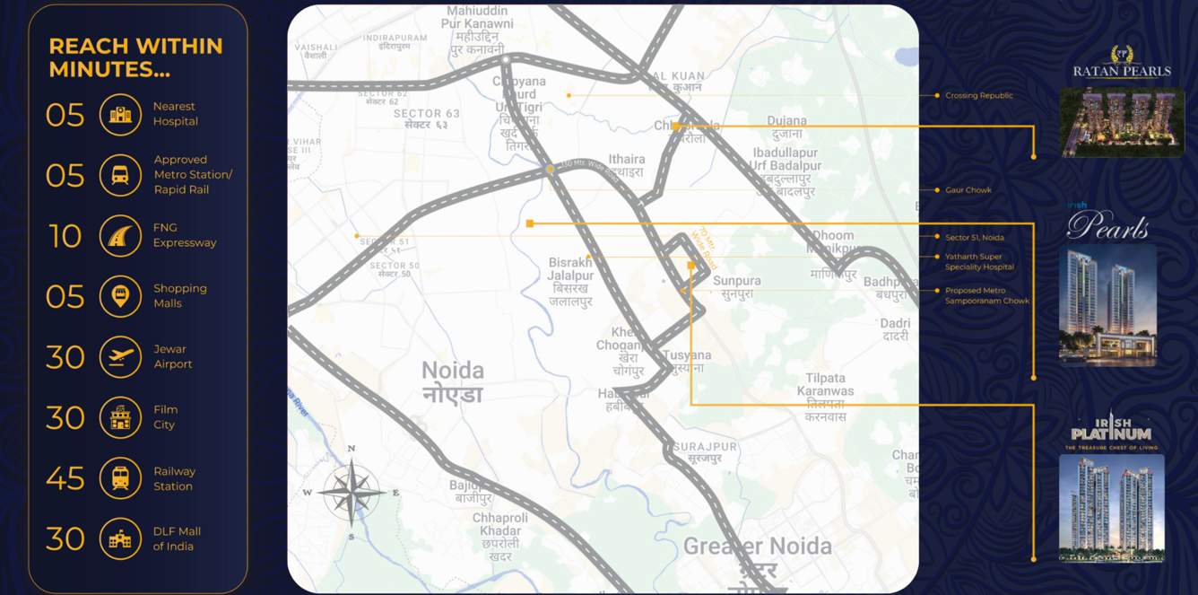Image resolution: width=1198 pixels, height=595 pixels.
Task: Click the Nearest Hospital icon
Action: click(120, 115)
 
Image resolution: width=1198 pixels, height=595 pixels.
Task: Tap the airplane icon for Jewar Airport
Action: click(120, 357)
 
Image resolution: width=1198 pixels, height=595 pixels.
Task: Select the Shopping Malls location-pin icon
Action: click(120, 296)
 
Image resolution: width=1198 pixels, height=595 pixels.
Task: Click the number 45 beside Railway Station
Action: click(65, 478)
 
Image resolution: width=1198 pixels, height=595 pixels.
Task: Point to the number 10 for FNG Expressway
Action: click(65, 236)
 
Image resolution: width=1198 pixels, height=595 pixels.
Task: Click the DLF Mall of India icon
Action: click(120, 538)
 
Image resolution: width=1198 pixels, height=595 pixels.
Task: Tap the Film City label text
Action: click(165, 417)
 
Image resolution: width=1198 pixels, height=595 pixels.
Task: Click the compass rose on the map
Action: click(352, 492)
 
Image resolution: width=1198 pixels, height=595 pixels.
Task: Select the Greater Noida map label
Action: click(757, 547)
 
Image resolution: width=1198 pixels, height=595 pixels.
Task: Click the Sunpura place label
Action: click(736, 281)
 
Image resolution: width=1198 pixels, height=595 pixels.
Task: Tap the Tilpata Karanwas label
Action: click(825, 384)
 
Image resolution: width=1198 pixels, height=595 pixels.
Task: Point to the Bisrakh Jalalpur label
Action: click(570, 269)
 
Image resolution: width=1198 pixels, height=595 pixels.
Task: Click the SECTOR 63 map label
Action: click(427, 113)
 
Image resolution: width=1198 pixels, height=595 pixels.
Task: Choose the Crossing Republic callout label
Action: click(978, 95)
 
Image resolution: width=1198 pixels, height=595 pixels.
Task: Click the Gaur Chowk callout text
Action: click(968, 190)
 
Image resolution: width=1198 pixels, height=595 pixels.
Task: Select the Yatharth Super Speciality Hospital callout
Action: click(979, 262)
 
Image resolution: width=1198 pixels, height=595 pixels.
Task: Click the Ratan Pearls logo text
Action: click(1122, 72)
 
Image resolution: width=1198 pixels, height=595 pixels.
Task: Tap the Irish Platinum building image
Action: click(1111, 507)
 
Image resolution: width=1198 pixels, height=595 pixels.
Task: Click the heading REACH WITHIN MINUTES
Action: click(135, 57)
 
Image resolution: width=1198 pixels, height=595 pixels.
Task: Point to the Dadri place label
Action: click(895, 323)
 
